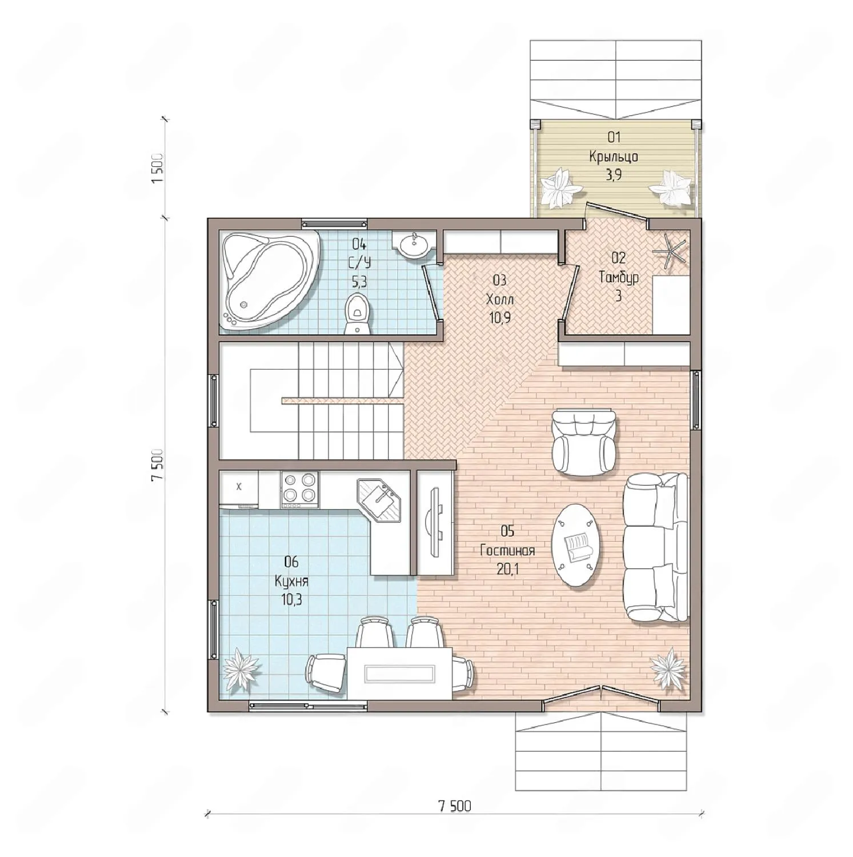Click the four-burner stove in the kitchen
coord(300,490)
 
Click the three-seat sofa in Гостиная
coord(656,548)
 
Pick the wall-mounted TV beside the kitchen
coord(434,521)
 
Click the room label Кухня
coord(291,582)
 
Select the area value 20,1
coord(507,569)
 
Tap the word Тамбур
coord(619,278)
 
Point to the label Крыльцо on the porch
coord(614,156)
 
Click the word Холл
coord(500,299)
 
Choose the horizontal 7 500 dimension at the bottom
coord(455,806)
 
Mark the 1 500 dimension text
coord(158,168)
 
